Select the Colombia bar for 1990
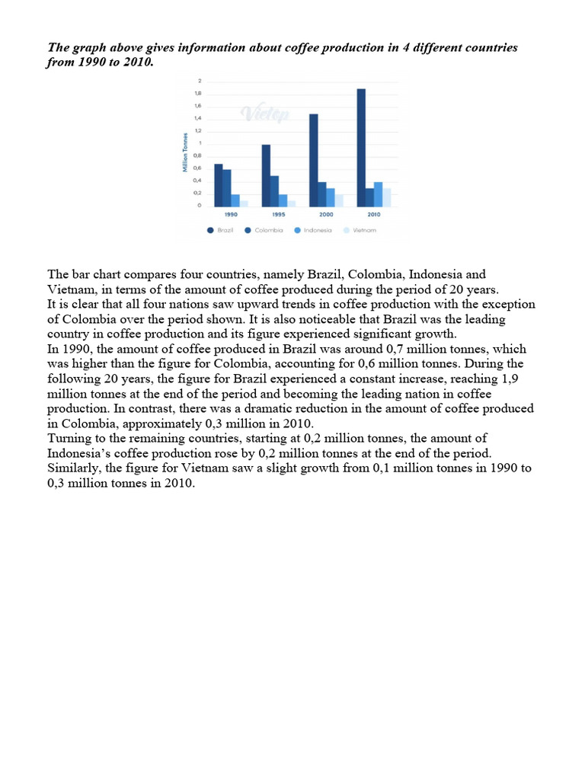pyautogui.click(x=227, y=187)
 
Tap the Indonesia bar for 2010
pyautogui.click(x=379, y=194)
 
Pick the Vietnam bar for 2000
pyautogui.click(x=339, y=200)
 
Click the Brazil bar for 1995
pyautogui.click(x=266, y=175)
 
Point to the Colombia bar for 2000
pyautogui.click(x=322, y=194)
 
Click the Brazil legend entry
pyautogui.click(x=221, y=229)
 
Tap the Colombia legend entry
pyautogui.click(x=264, y=229)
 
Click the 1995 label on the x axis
pyautogui.click(x=279, y=214)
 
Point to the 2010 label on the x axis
pyautogui.click(x=373, y=214)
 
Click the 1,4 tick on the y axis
pyautogui.click(x=197, y=119)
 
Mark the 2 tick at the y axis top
pyautogui.click(x=200, y=82)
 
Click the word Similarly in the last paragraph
pyautogui.click(x=74, y=467)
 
